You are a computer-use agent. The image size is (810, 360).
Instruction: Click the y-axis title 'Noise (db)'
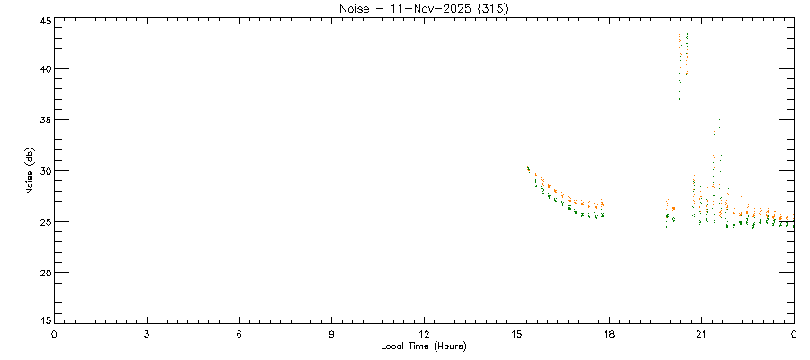tap(31, 171)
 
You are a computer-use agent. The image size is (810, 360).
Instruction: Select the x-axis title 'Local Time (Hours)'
tap(424, 346)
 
